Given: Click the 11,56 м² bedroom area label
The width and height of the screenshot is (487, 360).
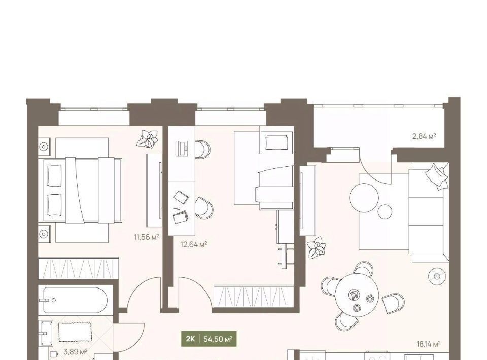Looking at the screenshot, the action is [x=146, y=237].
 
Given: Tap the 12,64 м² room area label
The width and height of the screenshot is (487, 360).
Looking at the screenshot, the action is [x=194, y=244].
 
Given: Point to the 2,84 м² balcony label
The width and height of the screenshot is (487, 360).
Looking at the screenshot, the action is [x=424, y=136].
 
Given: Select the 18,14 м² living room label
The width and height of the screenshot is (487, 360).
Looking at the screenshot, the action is [x=429, y=344].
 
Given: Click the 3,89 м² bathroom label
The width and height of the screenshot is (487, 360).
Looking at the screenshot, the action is [x=75, y=352].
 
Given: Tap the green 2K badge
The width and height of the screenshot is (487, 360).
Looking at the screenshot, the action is [x=190, y=339].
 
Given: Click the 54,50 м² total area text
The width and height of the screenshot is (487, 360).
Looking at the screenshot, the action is [x=218, y=339].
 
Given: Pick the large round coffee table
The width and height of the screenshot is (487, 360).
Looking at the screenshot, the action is [x=364, y=198].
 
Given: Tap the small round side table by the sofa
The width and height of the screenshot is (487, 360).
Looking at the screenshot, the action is [x=385, y=211].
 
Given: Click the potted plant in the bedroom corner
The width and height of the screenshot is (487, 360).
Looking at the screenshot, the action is [x=148, y=138].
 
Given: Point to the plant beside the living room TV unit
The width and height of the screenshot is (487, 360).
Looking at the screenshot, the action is [x=317, y=247].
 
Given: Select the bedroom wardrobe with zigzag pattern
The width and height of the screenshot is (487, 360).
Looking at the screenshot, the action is [x=79, y=268].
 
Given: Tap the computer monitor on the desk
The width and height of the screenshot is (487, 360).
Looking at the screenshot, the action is [x=182, y=149].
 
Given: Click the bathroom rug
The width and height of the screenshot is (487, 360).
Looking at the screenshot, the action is [x=75, y=333].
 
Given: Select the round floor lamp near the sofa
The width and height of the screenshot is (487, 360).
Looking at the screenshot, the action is [x=437, y=276].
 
